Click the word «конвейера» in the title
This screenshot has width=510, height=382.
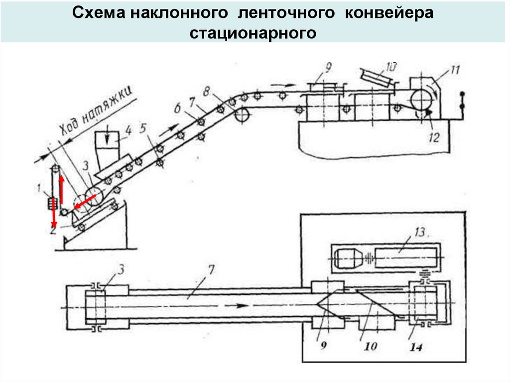pos(389,13)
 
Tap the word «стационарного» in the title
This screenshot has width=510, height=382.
pos(253,33)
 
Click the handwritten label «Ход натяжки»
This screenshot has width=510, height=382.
pos(97,111)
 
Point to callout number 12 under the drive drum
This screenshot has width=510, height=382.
pos(434,137)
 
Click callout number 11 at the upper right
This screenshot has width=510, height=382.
pos(454,70)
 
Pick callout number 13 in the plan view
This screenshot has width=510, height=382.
pos(420,232)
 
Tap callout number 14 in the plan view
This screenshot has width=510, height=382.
pos(416,347)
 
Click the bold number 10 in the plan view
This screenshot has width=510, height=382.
pos(371,346)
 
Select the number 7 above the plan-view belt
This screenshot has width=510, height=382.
pos(212,270)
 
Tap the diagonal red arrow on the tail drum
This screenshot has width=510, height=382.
pos(85,202)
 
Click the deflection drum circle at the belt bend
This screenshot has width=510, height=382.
pos(242,115)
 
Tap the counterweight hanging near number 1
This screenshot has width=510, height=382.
pos(52,204)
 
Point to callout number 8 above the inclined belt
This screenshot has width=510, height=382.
pos(207,92)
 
